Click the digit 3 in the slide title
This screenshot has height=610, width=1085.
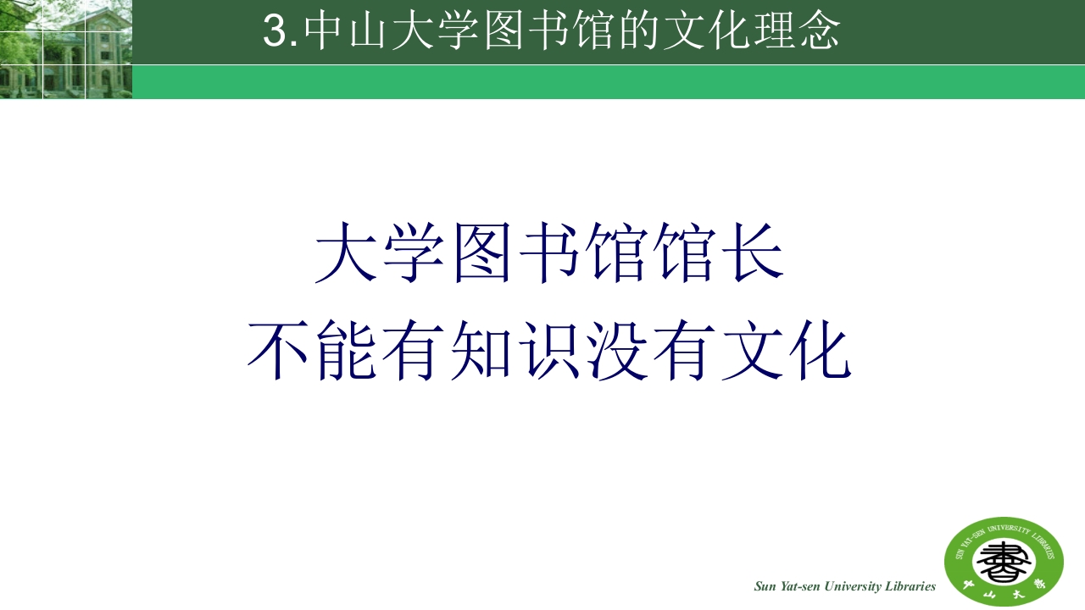tap(276, 32)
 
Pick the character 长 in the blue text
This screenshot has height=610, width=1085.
tap(754, 253)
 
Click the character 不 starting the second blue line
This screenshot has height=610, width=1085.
tap(276, 351)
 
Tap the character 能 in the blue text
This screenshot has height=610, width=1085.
tap(347, 351)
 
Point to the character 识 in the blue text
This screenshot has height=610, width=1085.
tap(549, 351)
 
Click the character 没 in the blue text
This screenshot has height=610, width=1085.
tap(617, 351)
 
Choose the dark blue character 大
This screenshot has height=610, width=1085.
tap(345, 253)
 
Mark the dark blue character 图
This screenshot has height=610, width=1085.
tap(481, 253)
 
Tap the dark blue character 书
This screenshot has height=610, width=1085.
tap(549, 253)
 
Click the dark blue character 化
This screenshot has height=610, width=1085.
tap(820, 351)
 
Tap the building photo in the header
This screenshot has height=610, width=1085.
tap(65, 49)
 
